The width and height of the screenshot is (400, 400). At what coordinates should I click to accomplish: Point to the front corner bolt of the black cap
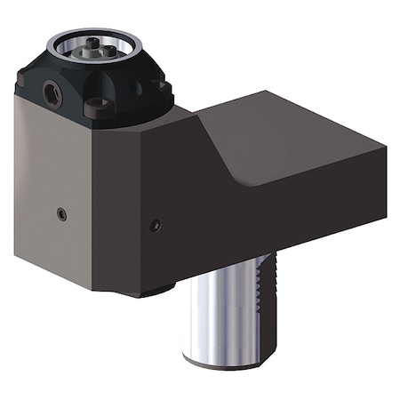(x=99, y=108)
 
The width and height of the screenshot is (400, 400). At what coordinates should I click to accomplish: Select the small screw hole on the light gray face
(x=60, y=213)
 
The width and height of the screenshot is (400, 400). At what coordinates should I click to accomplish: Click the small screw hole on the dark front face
(x=156, y=224)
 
